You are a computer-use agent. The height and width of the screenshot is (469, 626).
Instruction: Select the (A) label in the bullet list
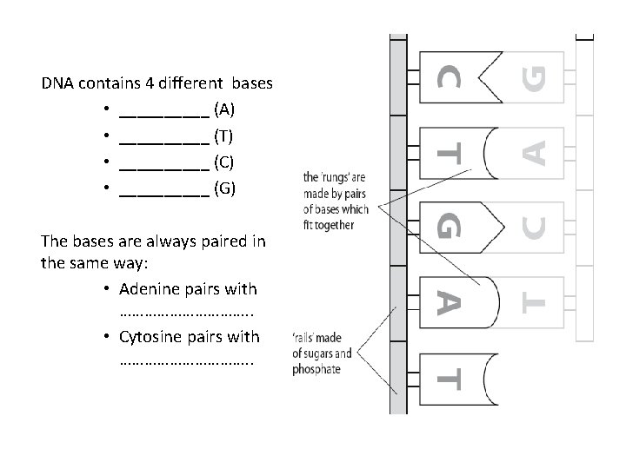coord(223,110)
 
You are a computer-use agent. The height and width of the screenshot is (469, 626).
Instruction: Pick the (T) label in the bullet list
coord(223,136)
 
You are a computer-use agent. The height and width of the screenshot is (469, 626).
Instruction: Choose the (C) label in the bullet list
coord(223,162)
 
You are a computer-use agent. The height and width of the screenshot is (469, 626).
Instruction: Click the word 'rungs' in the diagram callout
coord(334,178)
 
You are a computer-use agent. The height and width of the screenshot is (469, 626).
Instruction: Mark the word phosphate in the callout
coord(318,369)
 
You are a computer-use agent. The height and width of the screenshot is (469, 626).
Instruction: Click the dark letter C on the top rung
coord(449,76)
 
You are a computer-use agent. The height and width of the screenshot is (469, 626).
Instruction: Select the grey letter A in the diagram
coord(536,153)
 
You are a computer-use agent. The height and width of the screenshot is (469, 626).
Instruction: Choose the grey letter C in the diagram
coord(536,229)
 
